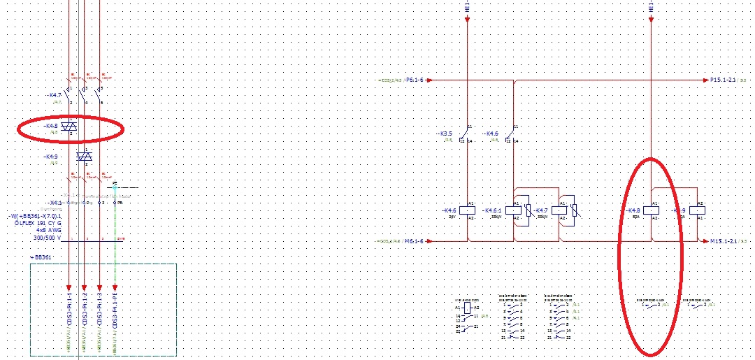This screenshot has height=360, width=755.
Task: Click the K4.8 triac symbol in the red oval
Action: [69, 127]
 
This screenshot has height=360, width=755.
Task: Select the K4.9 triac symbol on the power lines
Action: [84, 157]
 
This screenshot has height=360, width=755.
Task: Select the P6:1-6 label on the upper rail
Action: [419, 80]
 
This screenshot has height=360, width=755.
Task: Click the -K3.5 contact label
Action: [445, 133]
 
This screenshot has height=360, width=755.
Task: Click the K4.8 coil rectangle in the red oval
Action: [652, 210]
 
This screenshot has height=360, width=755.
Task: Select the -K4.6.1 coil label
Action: [494, 210]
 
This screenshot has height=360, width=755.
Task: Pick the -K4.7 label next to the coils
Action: [540, 210]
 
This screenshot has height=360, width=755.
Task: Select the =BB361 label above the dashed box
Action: [41, 257]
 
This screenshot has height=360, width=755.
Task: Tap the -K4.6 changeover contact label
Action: [491, 133]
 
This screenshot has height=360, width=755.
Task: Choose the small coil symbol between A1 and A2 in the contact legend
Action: [467, 307]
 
